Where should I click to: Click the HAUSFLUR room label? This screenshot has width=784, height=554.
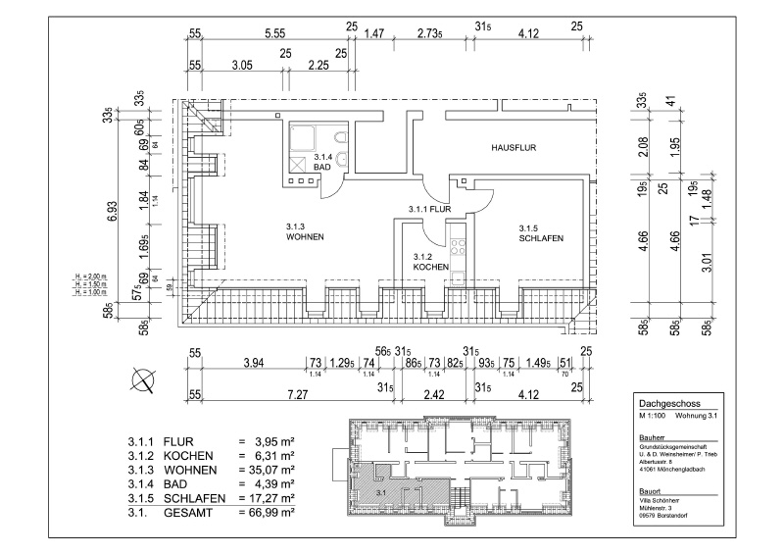[514, 147]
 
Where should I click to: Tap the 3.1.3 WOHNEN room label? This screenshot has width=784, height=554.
[305, 232]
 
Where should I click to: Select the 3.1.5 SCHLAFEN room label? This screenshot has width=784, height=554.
[541, 232]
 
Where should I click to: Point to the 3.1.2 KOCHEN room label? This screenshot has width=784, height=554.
[431, 261]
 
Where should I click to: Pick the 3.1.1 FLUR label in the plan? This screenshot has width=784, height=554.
[429, 209]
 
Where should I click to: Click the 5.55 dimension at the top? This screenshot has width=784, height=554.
[274, 32]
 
